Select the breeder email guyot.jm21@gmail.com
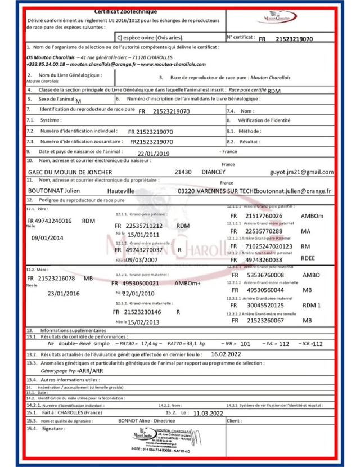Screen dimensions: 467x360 pyautogui.click(x=302, y=172)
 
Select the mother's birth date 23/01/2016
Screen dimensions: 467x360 pyautogui.click(x=64, y=293)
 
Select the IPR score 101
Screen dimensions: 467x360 pyautogui.click(x=246, y=344)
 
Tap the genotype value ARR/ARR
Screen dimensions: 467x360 pyautogui.click(x=75, y=372)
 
